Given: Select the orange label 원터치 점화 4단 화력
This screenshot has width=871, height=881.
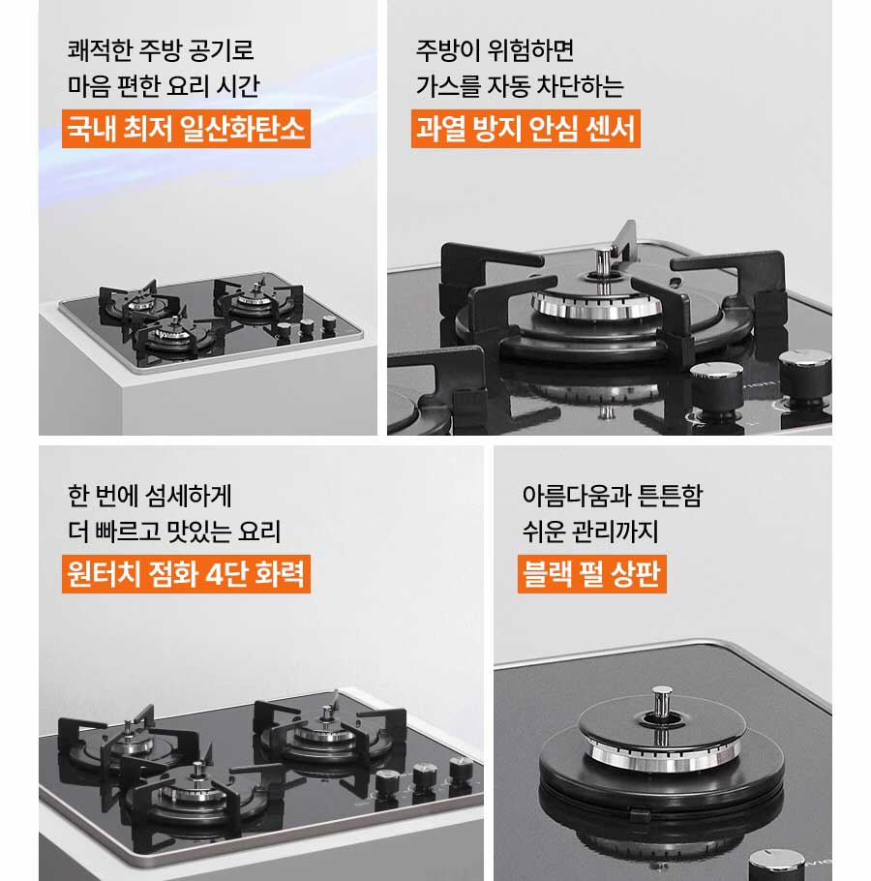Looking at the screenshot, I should click(x=186, y=574).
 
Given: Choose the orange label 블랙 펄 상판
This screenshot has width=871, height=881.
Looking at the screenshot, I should click(x=591, y=574).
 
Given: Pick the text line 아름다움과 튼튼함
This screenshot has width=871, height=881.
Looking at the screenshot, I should click(x=612, y=496).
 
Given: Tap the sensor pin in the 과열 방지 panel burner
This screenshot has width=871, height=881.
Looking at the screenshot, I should click(x=603, y=260).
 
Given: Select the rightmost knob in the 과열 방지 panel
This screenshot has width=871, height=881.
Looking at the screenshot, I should click(x=805, y=373).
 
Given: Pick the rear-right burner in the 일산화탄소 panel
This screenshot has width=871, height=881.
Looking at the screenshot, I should click(x=256, y=294).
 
